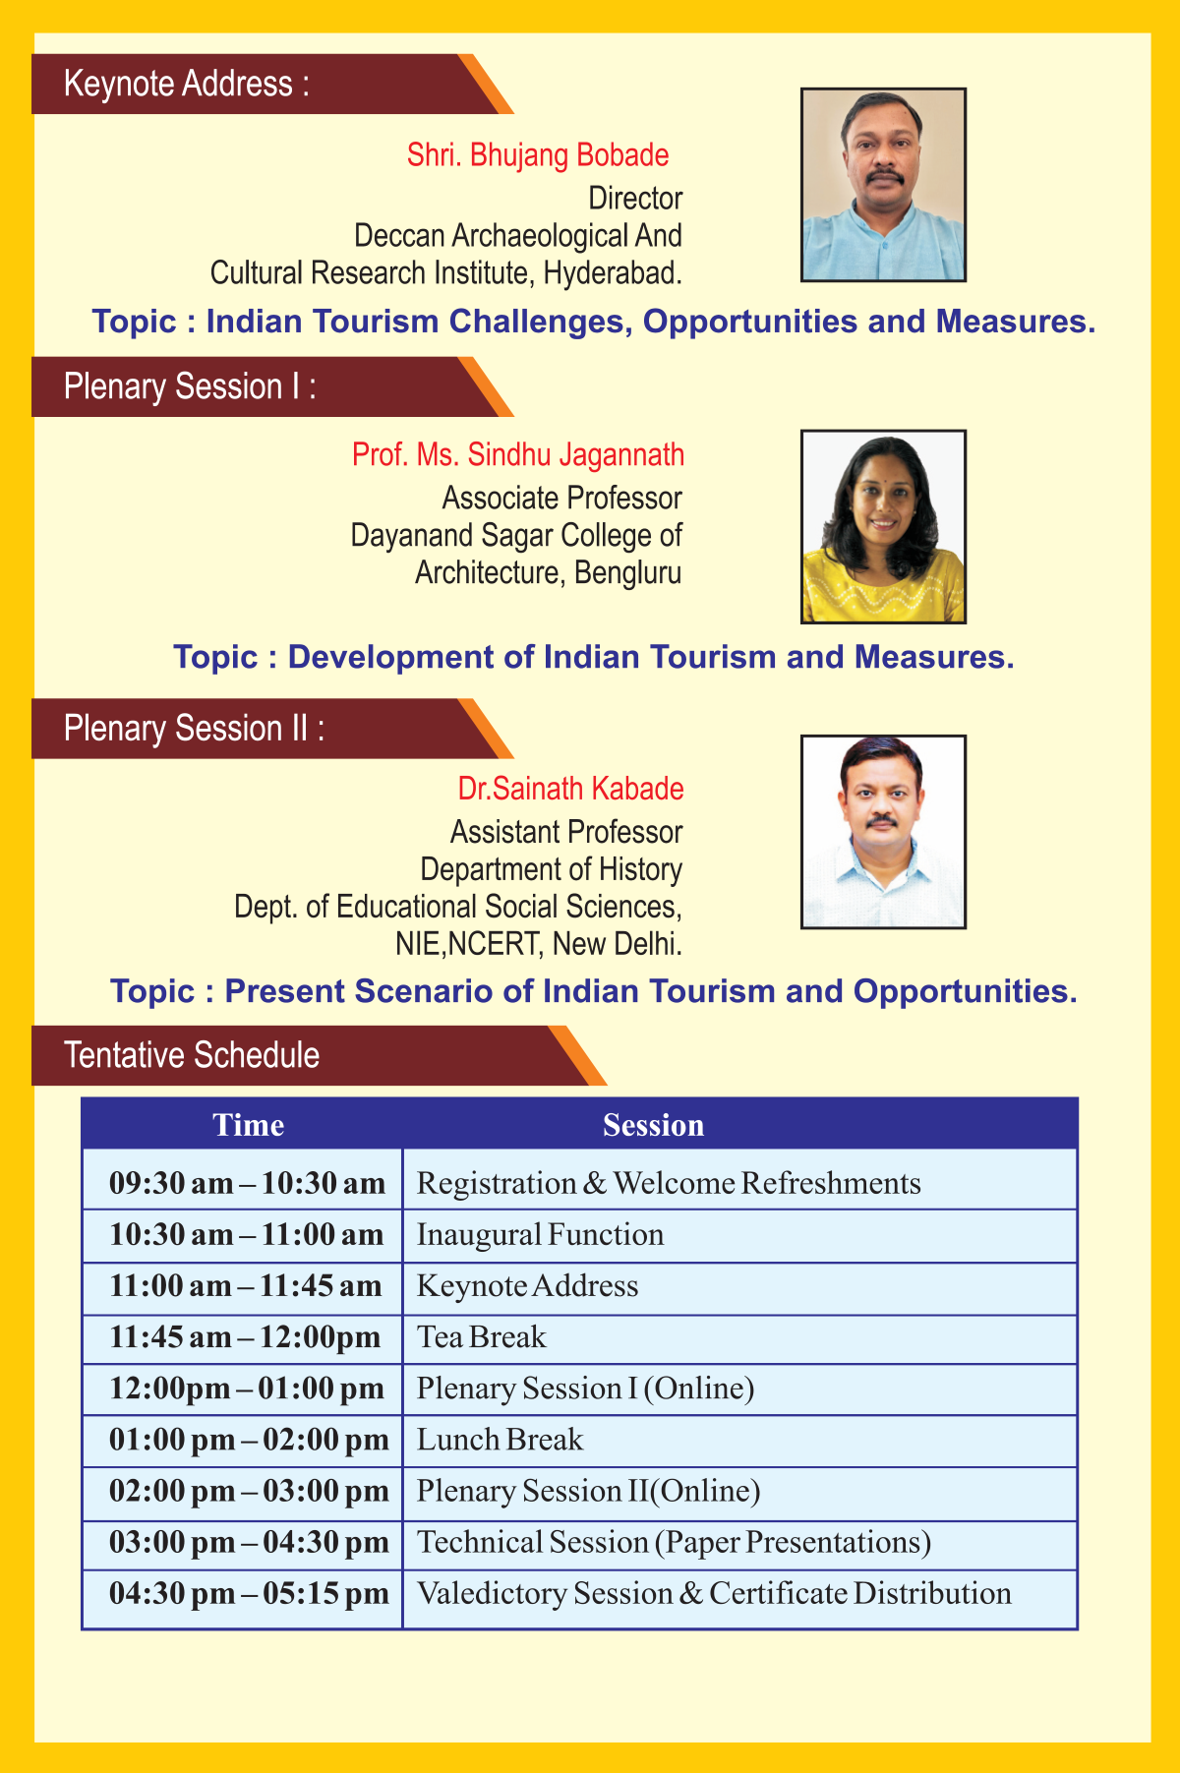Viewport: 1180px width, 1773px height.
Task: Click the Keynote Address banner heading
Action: click(x=187, y=84)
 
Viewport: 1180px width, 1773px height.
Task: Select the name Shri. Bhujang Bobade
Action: click(x=538, y=155)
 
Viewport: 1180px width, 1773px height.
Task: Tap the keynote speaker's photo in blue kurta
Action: click(x=883, y=185)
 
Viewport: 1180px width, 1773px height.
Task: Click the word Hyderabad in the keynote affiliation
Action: click(x=613, y=272)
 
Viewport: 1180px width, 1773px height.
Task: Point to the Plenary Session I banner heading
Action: click(x=190, y=386)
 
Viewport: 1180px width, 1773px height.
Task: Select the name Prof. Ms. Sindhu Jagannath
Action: click(x=518, y=455)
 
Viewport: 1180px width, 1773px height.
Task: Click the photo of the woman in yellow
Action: click(x=883, y=526)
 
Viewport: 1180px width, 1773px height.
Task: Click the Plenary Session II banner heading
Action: click(x=194, y=729)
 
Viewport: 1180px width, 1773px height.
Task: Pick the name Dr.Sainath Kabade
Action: click(x=570, y=789)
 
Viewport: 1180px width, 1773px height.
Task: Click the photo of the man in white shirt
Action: click(x=883, y=832)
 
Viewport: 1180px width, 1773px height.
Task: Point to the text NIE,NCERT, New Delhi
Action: click(x=539, y=944)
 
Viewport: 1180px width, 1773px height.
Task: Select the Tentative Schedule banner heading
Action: click(x=192, y=1055)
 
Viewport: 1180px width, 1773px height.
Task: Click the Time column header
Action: click(x=249, y=1125)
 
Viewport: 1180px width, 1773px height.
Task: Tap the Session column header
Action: click(x=654, y=1125)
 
